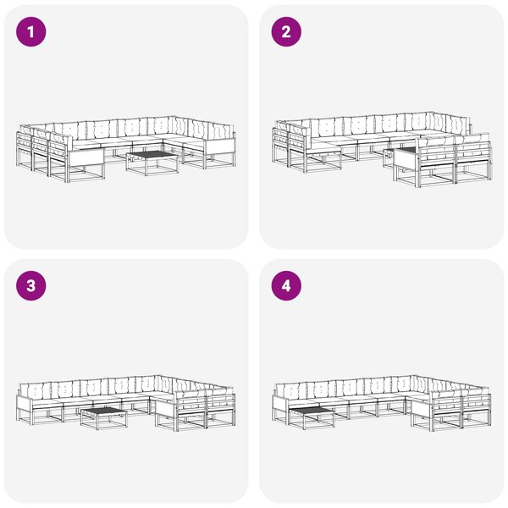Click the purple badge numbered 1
click(31, 32)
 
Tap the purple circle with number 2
click(286, 32)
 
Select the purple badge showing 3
click(31, 286)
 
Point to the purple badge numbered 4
click(286, 286)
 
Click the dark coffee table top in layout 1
click(152, 155)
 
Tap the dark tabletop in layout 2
click(406, 149)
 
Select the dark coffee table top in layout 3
click(103, 411)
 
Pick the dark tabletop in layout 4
click(312, 411)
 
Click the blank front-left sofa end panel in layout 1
click(86, 157)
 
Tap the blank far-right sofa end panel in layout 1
click(220, 147)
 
